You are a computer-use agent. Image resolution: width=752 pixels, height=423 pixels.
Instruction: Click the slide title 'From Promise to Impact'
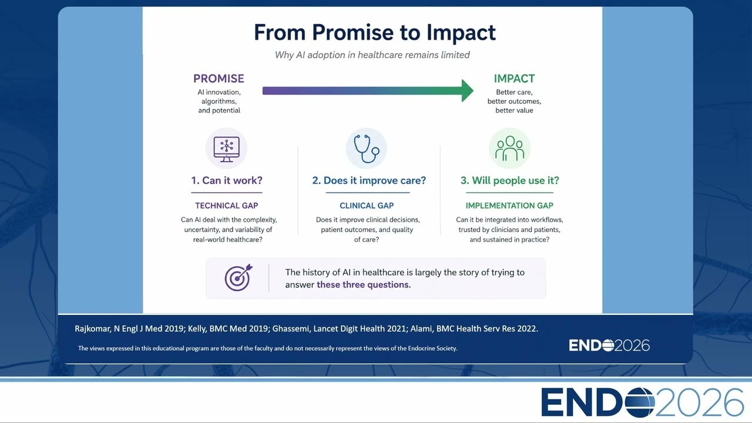click(375, 32)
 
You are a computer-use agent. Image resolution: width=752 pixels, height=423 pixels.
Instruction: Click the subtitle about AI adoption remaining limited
click(372, 55)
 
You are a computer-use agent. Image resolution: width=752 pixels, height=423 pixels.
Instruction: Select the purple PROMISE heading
click(219, 79)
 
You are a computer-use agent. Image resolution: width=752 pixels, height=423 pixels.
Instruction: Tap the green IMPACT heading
click(514, 79)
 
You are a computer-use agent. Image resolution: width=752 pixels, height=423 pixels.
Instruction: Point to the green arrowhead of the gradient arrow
click(467, 90)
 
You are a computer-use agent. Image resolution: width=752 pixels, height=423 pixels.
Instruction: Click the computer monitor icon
click(227, 149)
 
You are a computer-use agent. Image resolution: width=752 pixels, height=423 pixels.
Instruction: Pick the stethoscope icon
click(367, 149)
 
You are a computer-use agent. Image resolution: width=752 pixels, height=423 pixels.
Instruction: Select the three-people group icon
click(509, 148)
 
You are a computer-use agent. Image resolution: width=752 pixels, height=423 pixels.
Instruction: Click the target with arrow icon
click(238, 278)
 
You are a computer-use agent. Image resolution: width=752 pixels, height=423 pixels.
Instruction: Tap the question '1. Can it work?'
click(227, 180)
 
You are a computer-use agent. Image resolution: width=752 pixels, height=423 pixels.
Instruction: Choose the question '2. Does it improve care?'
click(369, 180)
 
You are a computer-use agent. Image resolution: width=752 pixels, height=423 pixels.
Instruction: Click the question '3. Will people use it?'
click(509, 180)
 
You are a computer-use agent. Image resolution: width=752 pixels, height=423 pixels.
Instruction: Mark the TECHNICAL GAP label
click(227, 206)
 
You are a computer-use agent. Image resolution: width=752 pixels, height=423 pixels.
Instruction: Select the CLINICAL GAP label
click(367, 206)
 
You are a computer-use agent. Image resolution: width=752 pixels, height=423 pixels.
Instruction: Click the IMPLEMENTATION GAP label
click(509, 206)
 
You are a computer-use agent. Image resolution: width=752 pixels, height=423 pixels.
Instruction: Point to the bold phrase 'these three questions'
click(362, 285)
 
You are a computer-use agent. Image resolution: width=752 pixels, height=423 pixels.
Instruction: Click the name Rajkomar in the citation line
click(92, 328)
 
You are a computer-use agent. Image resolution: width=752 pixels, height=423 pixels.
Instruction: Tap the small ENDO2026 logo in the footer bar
click(609, 345)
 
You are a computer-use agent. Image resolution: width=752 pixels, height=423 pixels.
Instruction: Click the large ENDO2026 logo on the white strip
click(642, 402)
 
